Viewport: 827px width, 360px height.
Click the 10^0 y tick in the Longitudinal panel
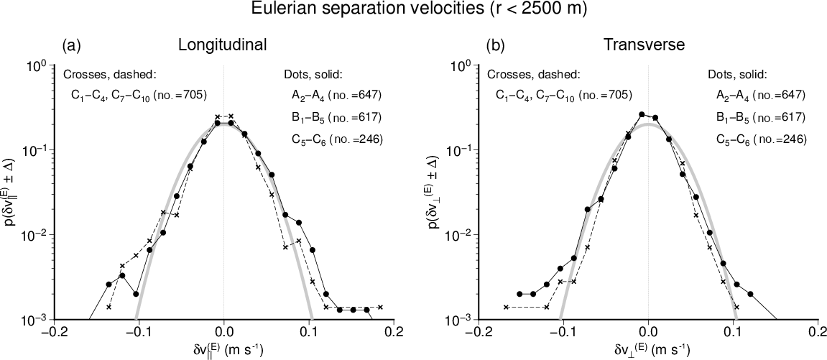pyautogui.click(x=37, y=67)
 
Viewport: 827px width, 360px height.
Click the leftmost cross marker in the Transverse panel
pyautogui.click(x=506, y=308)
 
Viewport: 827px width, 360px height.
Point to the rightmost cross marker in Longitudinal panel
pyautogui.click(x=380, y=307)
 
